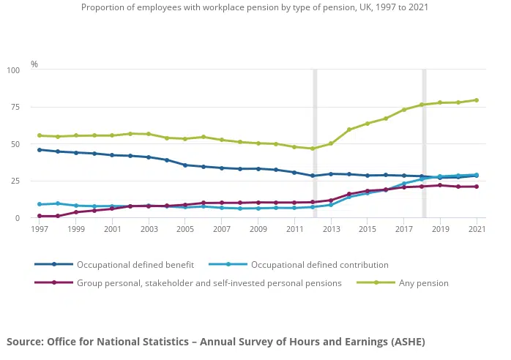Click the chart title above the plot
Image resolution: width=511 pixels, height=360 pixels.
[255, 7]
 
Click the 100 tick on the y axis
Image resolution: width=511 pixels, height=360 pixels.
[14, 70]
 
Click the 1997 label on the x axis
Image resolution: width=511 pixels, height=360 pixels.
[40, 229]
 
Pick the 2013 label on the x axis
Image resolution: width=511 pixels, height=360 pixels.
[331, 229]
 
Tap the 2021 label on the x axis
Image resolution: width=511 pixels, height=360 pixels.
[477, 229]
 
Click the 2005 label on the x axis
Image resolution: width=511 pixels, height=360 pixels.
[185, 229]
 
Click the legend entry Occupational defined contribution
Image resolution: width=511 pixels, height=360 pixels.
[319, 264]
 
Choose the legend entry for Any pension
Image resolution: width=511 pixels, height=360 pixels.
[423, 282]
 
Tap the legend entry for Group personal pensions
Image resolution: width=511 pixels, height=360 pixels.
[209, 282]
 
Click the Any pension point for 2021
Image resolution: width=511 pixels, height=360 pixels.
[477, 100]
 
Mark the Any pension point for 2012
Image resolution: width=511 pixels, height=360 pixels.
[313, 149]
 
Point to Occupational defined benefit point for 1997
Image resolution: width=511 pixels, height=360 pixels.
[40, 150]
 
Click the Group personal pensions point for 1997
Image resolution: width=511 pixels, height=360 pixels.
[40, 216]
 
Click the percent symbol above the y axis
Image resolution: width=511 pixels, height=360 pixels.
[34, 64]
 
